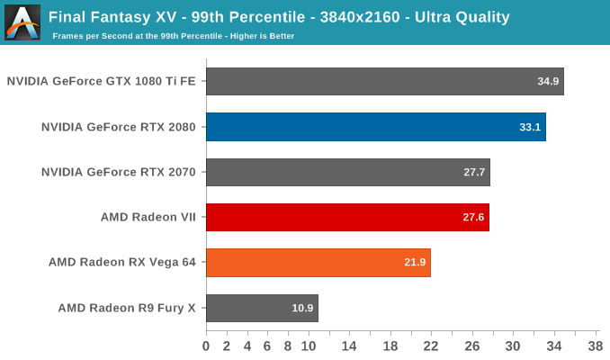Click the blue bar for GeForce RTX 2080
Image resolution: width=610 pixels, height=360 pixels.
375,127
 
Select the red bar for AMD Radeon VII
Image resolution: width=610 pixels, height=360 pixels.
347,218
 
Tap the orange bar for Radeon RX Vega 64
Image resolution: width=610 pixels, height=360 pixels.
318,263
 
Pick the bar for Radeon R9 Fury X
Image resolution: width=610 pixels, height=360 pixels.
262,308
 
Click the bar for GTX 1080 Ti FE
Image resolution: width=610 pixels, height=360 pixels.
384,82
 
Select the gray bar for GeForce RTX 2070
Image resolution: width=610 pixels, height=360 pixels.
347,172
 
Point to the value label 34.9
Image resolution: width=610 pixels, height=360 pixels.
549,82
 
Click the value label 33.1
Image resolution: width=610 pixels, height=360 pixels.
531,127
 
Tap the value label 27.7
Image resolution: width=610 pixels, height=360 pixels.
475,172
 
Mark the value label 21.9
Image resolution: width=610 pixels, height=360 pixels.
416,263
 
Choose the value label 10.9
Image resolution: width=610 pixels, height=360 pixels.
303,308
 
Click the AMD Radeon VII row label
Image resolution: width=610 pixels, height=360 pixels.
148,217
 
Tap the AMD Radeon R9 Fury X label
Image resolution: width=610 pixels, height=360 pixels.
127,308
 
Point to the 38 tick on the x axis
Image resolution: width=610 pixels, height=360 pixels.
595,346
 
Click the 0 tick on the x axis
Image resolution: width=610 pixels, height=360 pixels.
206,346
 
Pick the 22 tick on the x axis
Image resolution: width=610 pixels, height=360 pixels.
431,346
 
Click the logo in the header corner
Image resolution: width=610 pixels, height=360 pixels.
22,22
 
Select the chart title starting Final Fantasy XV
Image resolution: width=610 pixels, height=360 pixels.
279,16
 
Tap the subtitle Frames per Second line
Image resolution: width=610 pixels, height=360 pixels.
174,36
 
